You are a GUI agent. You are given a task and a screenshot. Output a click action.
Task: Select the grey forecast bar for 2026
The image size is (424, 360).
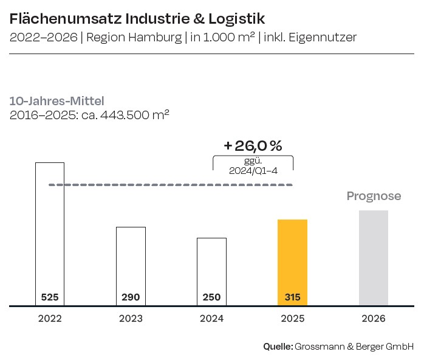tap(373, 258)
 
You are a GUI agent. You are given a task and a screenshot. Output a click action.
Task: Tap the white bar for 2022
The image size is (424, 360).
tap(50, 231)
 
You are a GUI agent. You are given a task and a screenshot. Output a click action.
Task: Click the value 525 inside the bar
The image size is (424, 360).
tap(50, 297)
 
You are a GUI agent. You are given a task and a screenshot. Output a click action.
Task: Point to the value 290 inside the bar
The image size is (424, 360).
tap(131, 297)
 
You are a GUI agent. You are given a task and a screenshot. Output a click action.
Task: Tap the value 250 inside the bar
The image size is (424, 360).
tap(211, 297)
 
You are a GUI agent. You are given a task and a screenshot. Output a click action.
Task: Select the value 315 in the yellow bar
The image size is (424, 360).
tap(292, 297)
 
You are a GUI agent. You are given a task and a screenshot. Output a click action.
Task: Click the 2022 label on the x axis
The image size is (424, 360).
tap(50, 318)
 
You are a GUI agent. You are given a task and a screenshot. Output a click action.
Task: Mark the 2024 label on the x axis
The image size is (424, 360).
tap(211, 318)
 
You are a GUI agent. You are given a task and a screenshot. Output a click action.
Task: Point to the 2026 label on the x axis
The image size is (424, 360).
tap(373, 318)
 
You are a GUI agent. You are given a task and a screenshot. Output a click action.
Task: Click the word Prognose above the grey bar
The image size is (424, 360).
tap(374, 196)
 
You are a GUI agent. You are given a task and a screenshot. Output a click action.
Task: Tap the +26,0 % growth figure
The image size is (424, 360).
tap(253, 146)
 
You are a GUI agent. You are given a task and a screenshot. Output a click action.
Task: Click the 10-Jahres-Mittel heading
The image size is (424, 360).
tap(56, 101)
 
